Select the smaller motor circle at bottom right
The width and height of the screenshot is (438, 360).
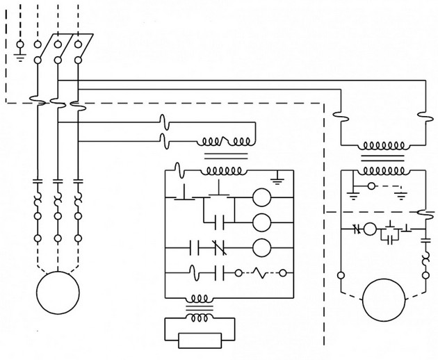[383, 299]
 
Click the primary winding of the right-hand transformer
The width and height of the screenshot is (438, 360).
[382, 147]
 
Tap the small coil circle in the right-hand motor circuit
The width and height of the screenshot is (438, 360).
[370, 228]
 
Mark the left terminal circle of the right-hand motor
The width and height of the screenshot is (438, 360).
[341, 273]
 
